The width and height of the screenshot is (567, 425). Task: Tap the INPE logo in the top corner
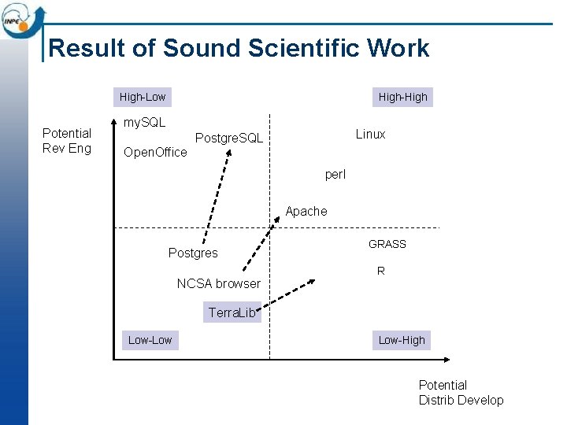[x=21, y=19]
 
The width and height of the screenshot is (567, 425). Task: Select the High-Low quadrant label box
[x=143, y=97]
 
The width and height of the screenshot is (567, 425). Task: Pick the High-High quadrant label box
[x=402, y=97]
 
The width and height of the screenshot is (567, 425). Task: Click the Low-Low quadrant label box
[x=150, y=340]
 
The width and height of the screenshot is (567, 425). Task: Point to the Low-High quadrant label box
[x=402, y=340]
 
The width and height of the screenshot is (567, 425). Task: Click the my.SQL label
[x=145, y=122]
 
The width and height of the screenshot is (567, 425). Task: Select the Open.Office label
[x=156, y=152]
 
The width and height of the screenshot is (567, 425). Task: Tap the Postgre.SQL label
[x=229, y=139]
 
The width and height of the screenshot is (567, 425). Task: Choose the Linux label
[x=370, y=134]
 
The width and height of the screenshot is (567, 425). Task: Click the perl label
[x=335, y=174]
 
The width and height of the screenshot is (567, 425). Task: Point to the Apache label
[x=306, y=211]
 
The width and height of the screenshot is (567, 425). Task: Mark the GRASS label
[x=387, y=244]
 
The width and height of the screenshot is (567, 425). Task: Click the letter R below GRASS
[x=380, y=271]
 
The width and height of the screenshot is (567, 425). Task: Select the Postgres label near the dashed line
[x=193, y=253]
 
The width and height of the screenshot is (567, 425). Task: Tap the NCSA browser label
[x=218, y=283]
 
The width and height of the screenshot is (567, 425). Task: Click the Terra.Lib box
[x=232, y=312]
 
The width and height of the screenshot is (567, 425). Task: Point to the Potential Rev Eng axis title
[x=67, y=141]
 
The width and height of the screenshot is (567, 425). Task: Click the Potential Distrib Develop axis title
[x=461, y=393]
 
